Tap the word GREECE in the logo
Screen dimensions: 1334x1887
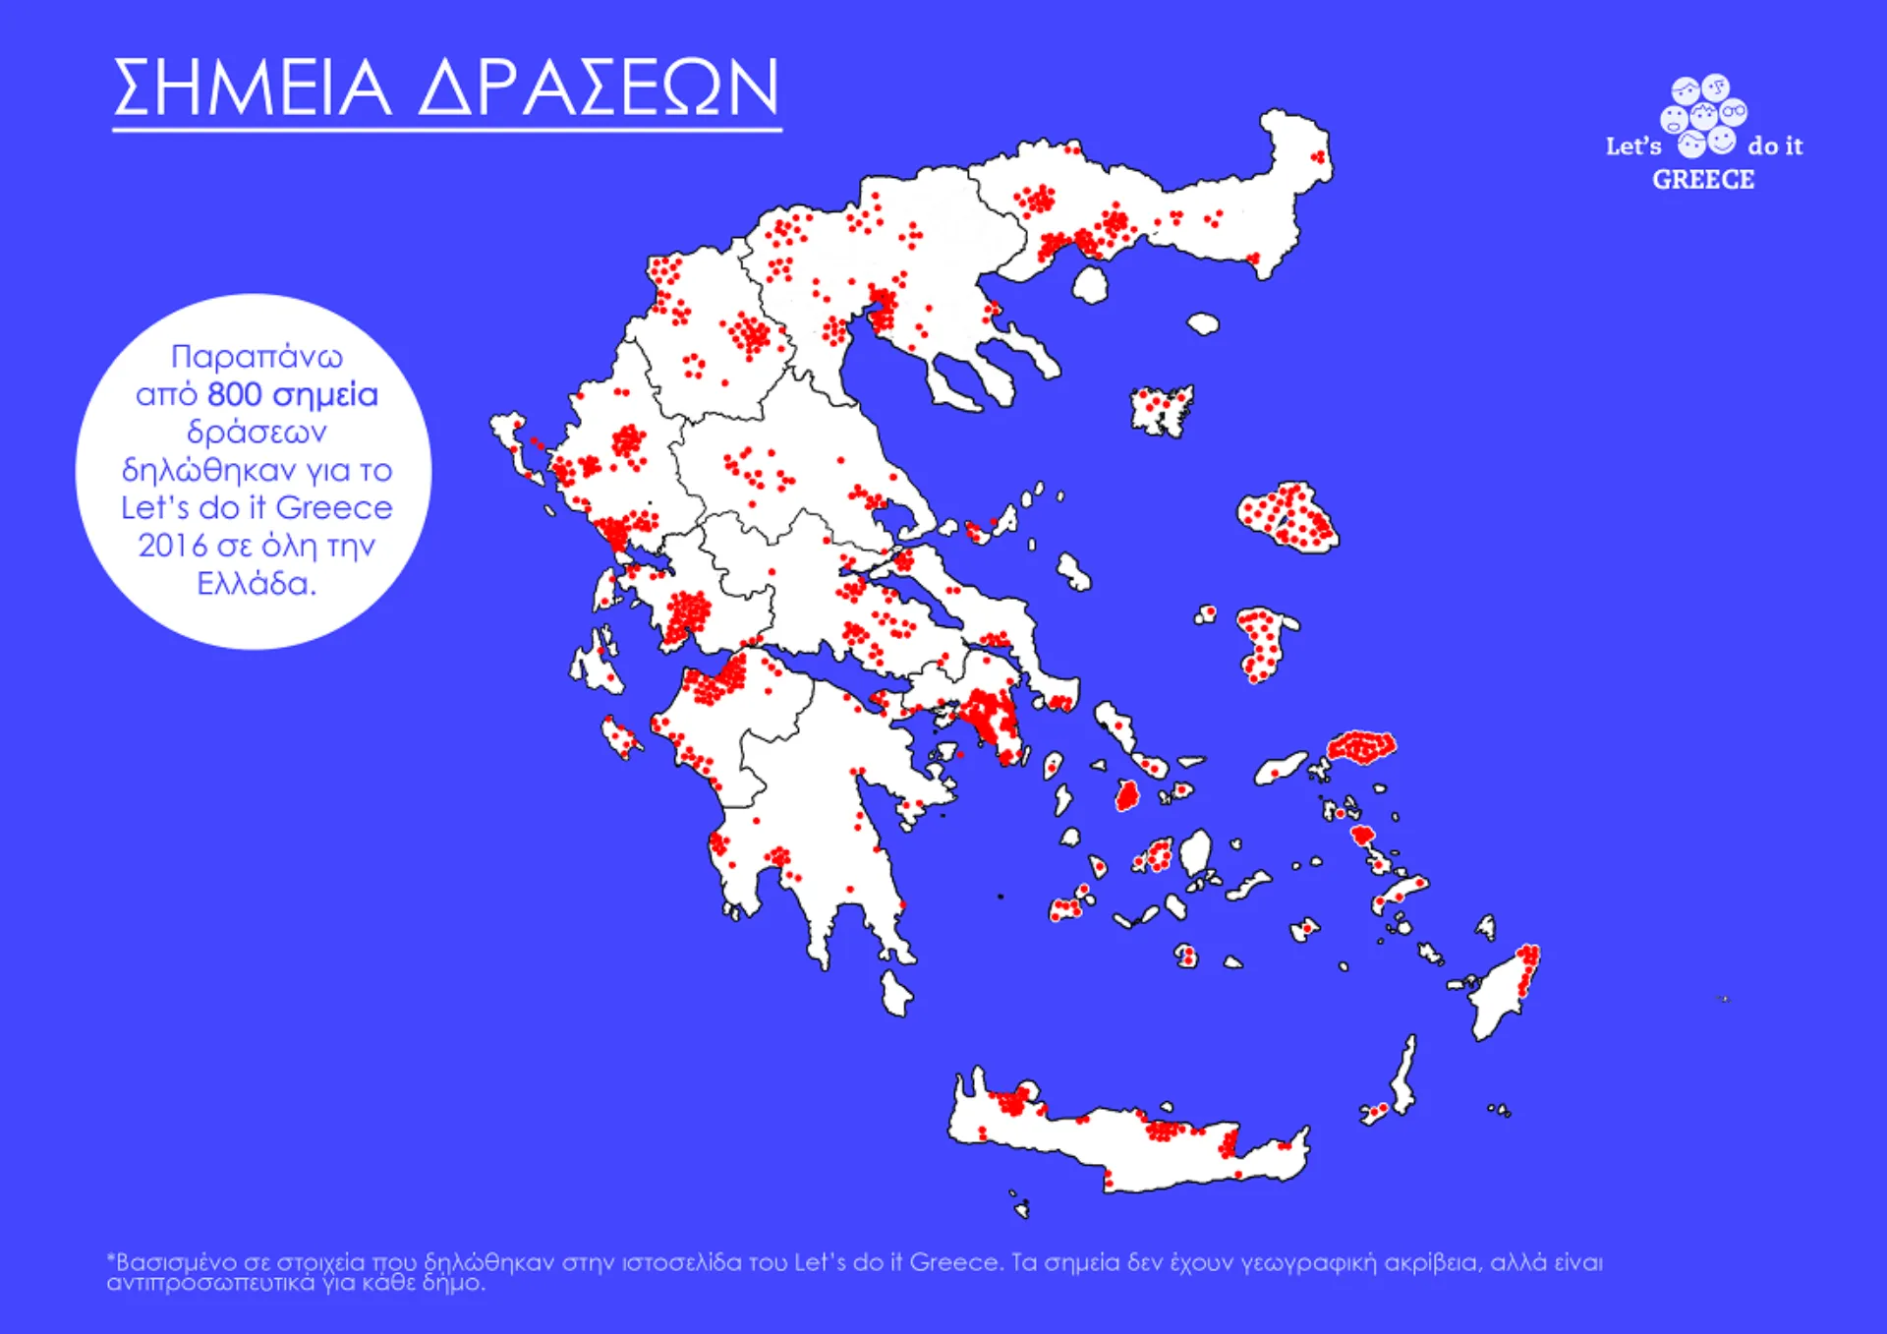(1702, 180)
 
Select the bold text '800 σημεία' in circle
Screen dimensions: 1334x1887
(292, 395)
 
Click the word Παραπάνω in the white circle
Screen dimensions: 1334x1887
(257, 356)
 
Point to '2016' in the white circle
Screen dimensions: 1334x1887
(172, 546)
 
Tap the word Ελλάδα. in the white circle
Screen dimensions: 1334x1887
(257, 584)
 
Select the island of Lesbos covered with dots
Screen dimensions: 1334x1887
(1287, 516)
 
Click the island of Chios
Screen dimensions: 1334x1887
(1263, 644)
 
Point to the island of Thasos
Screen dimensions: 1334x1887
(1090, 285)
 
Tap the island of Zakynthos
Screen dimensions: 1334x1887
(621, 737)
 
